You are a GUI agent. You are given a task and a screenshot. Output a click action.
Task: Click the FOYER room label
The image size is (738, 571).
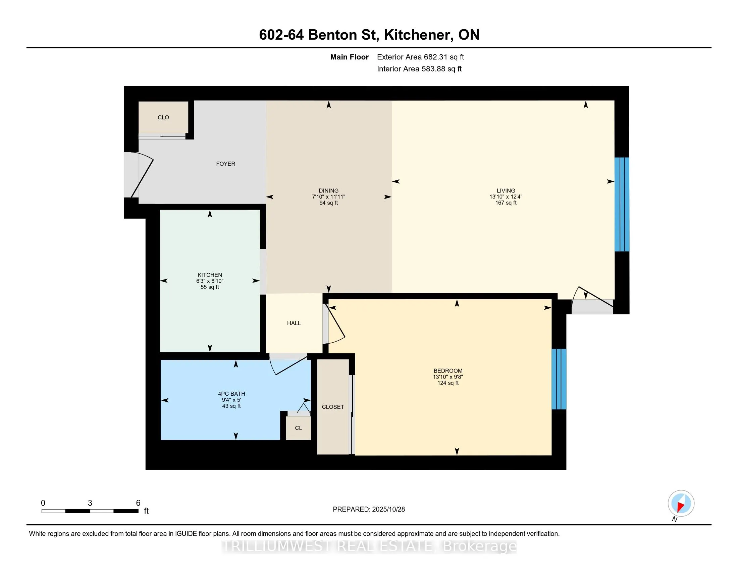(x=225, y=164)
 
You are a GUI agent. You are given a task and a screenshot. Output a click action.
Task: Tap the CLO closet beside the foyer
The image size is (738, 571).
(x=163, y=117)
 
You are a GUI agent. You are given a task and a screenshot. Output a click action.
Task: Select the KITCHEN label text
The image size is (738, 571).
(x=210, y=275)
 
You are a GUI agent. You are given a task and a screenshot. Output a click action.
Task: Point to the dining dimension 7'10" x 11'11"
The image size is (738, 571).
(x=328, y=196)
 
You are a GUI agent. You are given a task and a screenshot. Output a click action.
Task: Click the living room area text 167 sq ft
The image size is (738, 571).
(x=506, y=203)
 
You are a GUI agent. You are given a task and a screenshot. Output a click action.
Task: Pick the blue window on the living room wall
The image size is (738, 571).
(x=621, y=204)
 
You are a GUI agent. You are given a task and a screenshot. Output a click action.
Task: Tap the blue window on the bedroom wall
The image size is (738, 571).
(x=559, y=379)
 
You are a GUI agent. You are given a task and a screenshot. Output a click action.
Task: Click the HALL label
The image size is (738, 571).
(x=294, y=323)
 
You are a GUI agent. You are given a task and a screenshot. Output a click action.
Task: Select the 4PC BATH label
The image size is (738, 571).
(x=231, y=394)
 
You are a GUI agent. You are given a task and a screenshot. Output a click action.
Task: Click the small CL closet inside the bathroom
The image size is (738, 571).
(x=298, y=428)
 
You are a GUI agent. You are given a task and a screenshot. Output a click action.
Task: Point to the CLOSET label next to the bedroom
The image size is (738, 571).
(x=333, y=407)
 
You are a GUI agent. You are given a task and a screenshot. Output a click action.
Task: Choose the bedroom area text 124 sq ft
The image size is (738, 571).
(x=448, y=383)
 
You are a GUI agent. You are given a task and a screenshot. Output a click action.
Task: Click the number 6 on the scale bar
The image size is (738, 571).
(x=138, y=503)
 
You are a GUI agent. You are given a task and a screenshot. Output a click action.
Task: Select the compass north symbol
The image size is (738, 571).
(x=681, y=503)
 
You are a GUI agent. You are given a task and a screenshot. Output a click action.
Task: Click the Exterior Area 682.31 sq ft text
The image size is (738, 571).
(x=420, y=57)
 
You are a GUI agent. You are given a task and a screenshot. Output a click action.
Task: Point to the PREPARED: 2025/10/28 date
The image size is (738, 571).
(x=369, y=510)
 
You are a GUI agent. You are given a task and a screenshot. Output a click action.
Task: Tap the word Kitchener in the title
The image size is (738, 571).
(x=418, y=35)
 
